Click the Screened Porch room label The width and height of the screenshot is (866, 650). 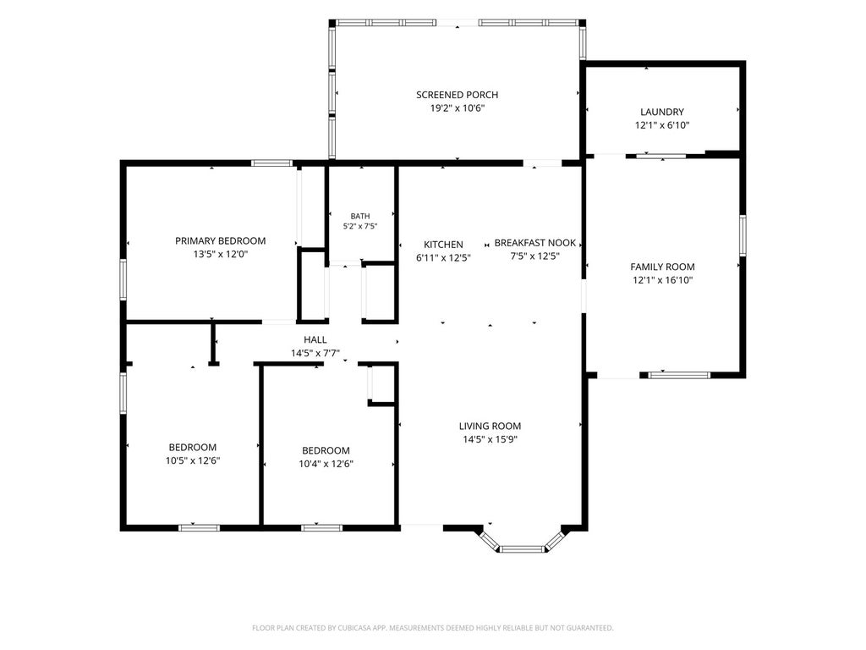pyautogui.click(x=457, y=95)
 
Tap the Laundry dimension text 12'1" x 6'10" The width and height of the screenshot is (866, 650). pyautogui.click(x=661, y=125)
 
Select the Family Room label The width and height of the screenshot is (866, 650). pyautogui.click(x=662, y=267)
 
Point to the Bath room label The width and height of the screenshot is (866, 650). pyautogui.click(x=360, y=216)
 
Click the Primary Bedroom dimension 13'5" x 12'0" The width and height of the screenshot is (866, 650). pyautogui.click(x=221, y=255)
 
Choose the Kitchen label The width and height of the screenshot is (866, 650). pyautogui.click(x=443, y=245)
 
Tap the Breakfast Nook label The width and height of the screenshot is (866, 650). pyautogui.click(x=534, y=243)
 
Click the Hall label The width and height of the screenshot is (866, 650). pyautogui.click(x=315, y=340)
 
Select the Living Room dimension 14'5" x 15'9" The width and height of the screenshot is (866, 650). pyautogui.click(x=490, y=440)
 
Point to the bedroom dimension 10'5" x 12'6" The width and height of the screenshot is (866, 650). pyautogui.click(x=193, y=461)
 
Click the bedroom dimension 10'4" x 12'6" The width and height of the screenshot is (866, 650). pyautogui.click(x=326, y=465)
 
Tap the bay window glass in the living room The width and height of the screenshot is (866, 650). pyautogui.click(x=521, y=548)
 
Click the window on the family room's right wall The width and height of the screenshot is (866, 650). pyautogui.click(x=743, y=235)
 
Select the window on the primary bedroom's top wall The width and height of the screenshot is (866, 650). pyautogui.click(x=271, y=163)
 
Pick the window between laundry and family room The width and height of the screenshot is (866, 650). pyautogui.click(x=661, y=157)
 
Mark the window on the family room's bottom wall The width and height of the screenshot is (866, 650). pyautogui.click(x=679, y=375)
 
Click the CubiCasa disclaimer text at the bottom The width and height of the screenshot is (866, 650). pyautogui.click(x=432, y=628)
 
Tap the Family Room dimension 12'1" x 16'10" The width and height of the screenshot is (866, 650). pyautogui.click(x=662, y=280)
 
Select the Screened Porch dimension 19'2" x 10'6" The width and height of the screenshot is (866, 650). pyautogui.click(x=457, y=108)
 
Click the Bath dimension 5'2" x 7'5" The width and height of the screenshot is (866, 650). pyautogui.click(x=360, y=226)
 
